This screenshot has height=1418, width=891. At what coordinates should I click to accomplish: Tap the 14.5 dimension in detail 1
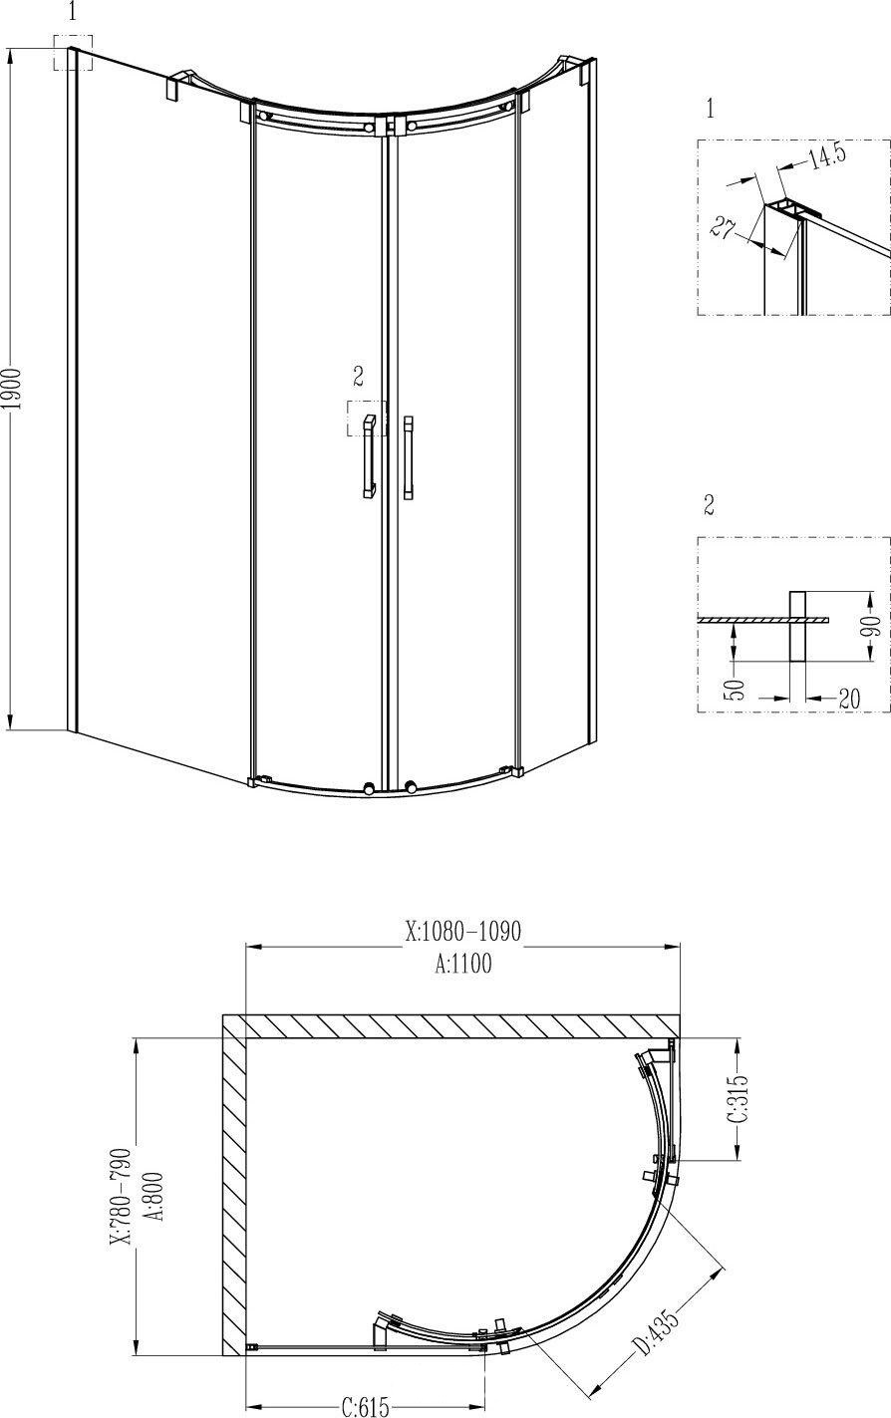(827, 156)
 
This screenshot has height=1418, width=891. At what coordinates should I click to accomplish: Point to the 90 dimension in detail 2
(873, 627)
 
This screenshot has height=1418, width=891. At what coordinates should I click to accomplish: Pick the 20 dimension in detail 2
(849, 699)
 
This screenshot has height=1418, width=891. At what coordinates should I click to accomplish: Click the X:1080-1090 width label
(462, 931)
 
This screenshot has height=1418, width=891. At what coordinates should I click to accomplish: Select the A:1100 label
(463, 964)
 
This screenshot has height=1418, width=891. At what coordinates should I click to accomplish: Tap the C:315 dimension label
(739, 1098)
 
